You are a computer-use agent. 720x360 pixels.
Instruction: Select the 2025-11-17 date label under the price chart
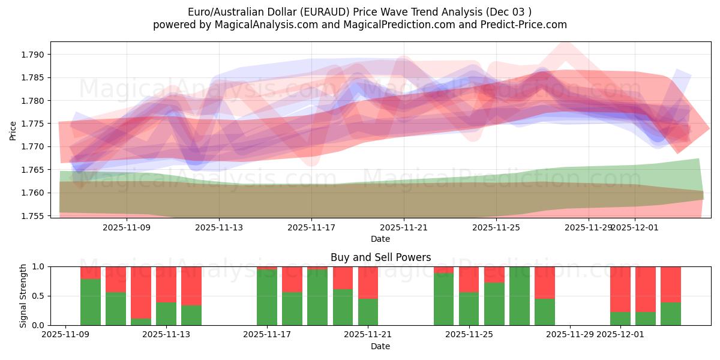[311, 227]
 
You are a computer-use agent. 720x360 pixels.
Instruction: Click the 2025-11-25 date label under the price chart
[496, 227]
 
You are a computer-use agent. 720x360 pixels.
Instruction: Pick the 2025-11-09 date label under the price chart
[127, 227]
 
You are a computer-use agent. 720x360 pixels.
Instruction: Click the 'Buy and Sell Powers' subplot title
[380, 257]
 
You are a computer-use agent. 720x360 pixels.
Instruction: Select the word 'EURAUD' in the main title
[324, 12]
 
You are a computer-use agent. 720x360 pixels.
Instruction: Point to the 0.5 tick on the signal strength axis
[39, 296]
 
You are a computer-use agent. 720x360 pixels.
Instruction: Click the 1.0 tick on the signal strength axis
[39, 266]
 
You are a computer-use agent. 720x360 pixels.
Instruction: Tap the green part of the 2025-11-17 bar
[267, 298]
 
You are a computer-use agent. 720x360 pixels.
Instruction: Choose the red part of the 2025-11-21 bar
[368, 283]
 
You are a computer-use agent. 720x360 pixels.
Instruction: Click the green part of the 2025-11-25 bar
[469, 308]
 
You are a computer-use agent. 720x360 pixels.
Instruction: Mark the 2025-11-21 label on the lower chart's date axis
[368, 334]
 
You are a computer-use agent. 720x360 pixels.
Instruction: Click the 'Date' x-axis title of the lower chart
[380, 346]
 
